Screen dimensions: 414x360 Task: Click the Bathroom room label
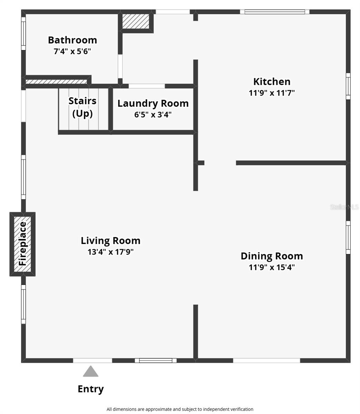pos(72,40)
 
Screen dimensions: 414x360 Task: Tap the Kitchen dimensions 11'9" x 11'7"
pos(272,93)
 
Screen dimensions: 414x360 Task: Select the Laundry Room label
pos(153,103)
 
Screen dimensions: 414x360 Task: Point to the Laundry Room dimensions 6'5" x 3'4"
pos(153,115)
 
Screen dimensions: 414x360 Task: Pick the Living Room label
pos(110,240)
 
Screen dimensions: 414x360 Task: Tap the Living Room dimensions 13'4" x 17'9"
pos(110,252)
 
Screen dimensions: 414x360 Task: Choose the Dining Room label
pos(272,256)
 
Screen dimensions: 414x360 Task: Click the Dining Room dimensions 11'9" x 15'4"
pos(272,267)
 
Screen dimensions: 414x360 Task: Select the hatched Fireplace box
pos(22,244)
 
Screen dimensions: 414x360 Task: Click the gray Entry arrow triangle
pos(91,372)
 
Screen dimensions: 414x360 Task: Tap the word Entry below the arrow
pos(91,389)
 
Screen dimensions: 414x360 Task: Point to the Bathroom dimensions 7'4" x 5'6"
pos(72,52)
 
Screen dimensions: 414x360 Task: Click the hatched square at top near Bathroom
pos(136,21)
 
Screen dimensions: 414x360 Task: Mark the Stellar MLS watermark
pos(344,207)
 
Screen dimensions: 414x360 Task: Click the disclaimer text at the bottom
pos(180,409)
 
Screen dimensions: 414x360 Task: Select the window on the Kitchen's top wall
pos(275,12)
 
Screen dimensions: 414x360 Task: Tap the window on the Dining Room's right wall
pos(348,237)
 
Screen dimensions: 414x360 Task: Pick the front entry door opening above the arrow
pos(92,361)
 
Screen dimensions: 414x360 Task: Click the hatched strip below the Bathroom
pos(56,82)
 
